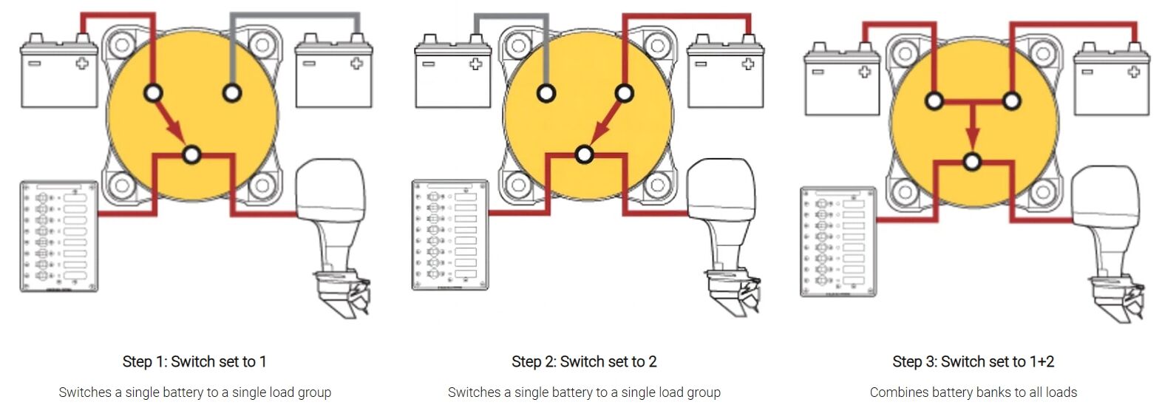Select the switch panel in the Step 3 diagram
click(837, 242)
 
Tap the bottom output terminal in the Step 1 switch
click(192, 154)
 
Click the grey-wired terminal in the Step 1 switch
click(232, 93)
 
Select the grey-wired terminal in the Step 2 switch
click(546, 93)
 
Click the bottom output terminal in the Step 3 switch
click(973, 161)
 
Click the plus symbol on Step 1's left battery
click(82, 63)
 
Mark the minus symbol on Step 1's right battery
click(310, 64)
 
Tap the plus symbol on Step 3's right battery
click(1133, 72)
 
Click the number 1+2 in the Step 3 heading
click(1040, 361)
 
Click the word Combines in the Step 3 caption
click(895, 392)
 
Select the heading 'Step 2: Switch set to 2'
click(584, 361)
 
